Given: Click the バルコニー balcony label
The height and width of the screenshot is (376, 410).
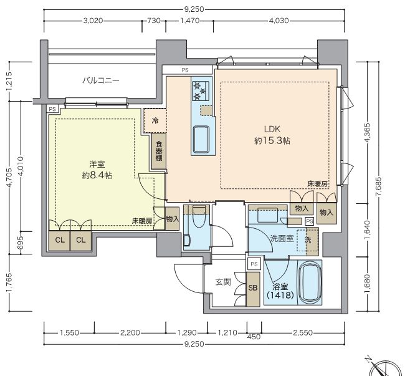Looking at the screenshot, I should click(x=100, y=80).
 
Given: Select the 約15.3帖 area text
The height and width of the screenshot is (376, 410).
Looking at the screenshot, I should click(x=272, y=141).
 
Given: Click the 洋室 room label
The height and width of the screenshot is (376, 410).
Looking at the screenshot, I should click(x=96, y=164).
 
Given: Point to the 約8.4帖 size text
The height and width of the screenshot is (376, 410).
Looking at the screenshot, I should click(x=97, y=175).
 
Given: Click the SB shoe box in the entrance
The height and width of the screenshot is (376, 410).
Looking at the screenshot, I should click(x=253, y=289).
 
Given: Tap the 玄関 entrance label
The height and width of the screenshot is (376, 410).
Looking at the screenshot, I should click(x=222, y=282).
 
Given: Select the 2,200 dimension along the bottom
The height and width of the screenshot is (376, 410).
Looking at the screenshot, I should click(x=130, y=333).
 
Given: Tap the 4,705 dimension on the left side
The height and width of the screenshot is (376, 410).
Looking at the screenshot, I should click(x=9, y=186).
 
